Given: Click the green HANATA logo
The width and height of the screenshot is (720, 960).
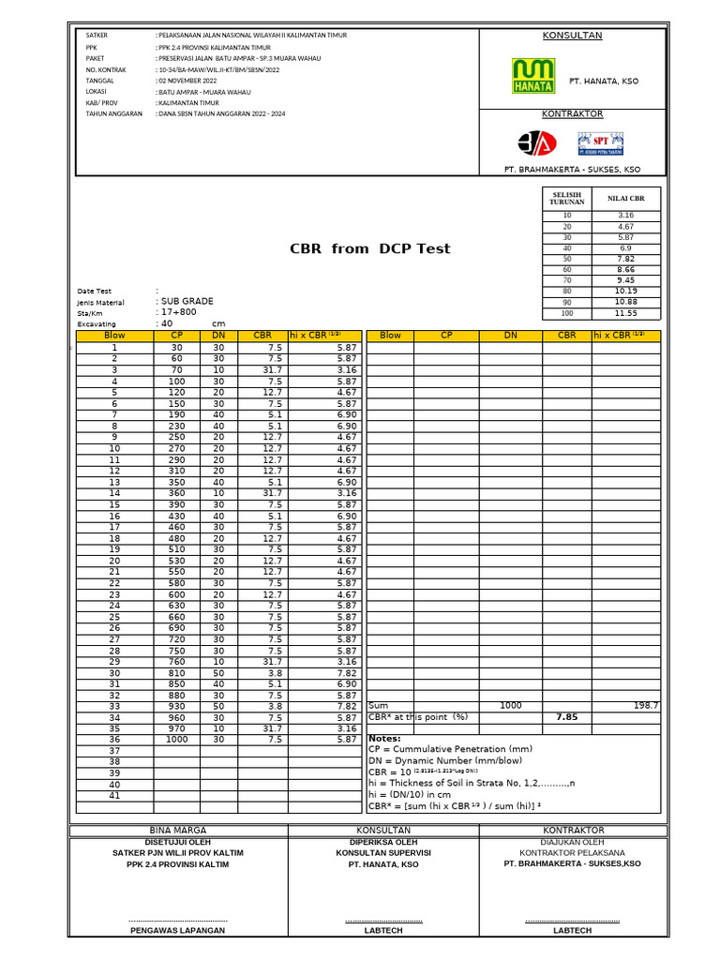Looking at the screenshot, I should (x=532, y=77).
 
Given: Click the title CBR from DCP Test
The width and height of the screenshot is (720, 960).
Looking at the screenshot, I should (x=370, y=248).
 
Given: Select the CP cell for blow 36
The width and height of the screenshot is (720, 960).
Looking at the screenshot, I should (x=176, y=740).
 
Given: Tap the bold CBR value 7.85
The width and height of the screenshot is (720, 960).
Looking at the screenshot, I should (x=566, y=717).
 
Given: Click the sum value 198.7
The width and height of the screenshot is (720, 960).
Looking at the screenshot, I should (x=646, y=706).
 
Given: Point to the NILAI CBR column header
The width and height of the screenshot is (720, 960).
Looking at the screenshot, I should (x=626, y=198).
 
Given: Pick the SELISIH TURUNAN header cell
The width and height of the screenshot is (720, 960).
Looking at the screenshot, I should (x=566, y=198).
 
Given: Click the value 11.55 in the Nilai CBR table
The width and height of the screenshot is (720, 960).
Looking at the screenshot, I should (x=626, y=313).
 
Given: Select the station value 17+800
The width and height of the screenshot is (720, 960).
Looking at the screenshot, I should (x=178, y=312).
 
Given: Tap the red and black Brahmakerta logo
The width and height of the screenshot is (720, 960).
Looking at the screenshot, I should (x=537, y=142).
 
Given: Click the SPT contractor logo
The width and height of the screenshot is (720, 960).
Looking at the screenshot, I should (x=600, y=143).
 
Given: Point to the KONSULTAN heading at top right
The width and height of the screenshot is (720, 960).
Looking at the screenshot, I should (x=573, y=36).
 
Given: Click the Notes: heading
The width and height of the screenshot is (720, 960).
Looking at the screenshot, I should (x=385, y=739).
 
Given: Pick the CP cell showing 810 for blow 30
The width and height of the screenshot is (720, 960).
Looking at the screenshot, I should (x=176, y=673).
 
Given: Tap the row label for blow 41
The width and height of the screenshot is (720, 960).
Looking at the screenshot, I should (x=114, y=796).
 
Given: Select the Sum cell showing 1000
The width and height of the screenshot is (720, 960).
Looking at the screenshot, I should (x=511, y=706).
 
